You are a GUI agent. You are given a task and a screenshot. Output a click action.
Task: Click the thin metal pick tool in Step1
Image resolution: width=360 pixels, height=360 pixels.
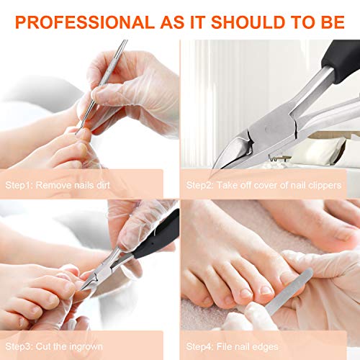pos(104,79)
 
